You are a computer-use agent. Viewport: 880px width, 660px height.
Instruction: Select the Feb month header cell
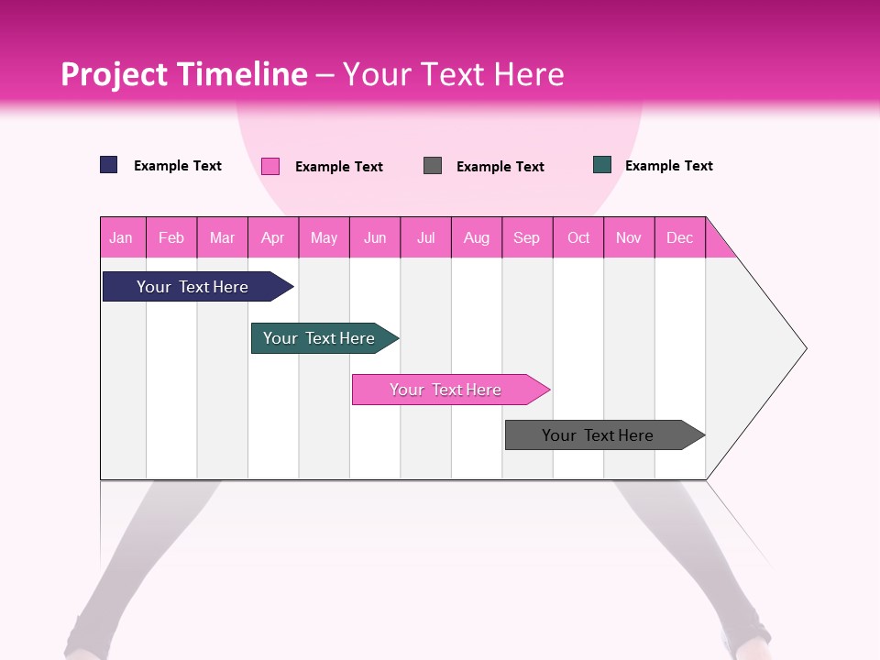coord(171,237)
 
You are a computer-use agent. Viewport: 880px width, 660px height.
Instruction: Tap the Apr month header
coord(273,237)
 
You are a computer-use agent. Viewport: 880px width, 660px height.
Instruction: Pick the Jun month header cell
coord(375,237)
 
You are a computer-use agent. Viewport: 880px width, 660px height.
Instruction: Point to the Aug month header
coord(477,237)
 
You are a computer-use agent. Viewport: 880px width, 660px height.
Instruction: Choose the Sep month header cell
coord(527,237)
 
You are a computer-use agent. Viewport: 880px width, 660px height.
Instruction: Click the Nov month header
coord(629,237)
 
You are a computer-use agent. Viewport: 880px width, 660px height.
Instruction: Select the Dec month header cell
coord(680,237)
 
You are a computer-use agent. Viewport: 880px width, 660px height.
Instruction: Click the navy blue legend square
coord(109,165)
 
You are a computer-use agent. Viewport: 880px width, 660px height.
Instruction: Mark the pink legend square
coord(270,166)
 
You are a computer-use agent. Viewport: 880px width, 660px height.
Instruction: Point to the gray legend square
coord(433,165)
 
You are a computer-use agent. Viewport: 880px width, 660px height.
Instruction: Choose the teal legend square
coord(602,165)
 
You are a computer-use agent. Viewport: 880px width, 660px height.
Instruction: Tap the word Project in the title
coord(115,74)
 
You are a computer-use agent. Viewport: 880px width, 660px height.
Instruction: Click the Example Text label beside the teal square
coord(668,166)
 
